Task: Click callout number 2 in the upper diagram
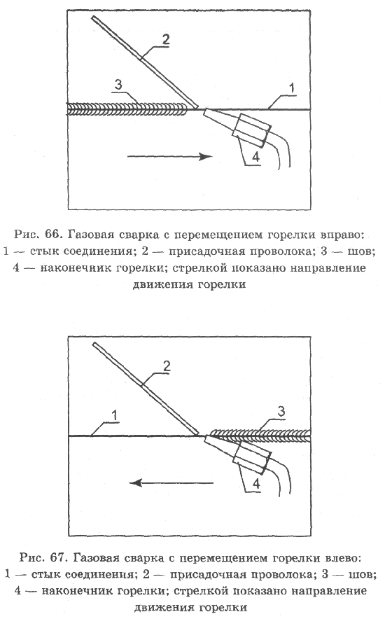click(164, 39)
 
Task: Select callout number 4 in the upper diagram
click(255, 158)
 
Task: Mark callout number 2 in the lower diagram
click(167, 366)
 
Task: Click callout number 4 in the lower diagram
click(255, 483)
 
